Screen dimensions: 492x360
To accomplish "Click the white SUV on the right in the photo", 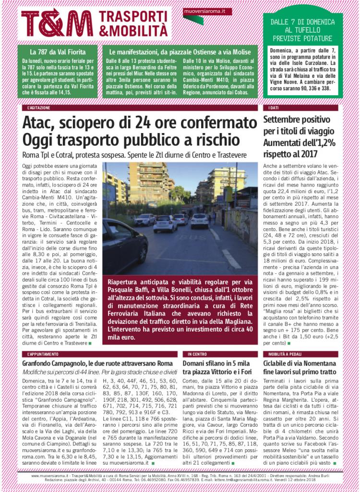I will (x=200, y=221).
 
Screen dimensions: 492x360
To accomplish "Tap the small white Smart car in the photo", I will (x=165, y=223).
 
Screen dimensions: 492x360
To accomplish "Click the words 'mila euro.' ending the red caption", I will (x=126, y=337).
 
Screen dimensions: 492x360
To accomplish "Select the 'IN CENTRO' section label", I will (x=194, y=354).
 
